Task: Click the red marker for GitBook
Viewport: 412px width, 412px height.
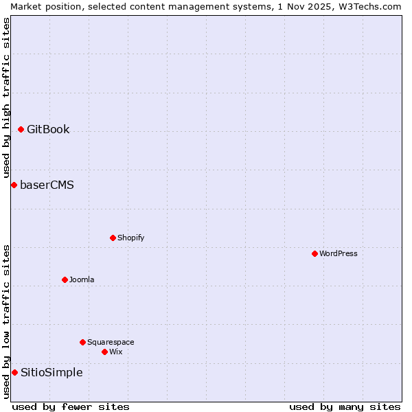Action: (21, 129)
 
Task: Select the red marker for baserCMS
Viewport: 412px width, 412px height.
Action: (14, 185)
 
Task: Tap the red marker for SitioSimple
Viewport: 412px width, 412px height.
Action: (14, 372)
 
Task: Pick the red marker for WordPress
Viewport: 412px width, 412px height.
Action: (314, 253)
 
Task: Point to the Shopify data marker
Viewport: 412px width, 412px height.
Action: (113, 238)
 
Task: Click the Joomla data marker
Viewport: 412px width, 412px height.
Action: (65, 279)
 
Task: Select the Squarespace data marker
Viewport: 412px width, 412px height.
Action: (82, 342)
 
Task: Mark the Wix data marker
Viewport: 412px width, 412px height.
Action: (104, 352)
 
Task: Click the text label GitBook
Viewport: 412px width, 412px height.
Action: (48, 129)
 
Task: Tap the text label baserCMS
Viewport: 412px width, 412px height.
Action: (47, 185)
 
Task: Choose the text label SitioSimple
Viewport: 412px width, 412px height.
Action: (51, 372)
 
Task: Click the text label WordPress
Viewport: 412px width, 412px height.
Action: (339, 253)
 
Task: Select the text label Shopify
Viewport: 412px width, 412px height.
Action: (130, 238)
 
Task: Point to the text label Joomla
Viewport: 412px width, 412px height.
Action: (82, 279)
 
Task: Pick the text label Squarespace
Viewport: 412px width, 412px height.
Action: (111, 342)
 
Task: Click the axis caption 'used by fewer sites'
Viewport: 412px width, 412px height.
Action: (71, 407)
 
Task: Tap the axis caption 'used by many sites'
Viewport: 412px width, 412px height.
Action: (345, 407)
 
